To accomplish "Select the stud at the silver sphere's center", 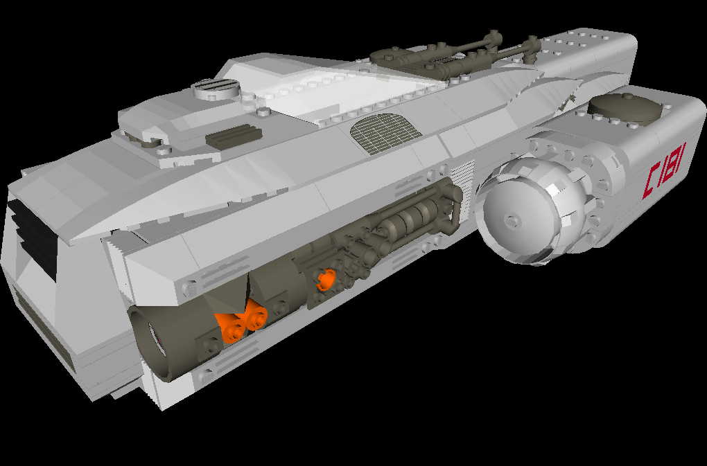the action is pyautogui.click(x=512, y=222).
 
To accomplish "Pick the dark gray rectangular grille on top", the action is pyautogui.click(x=234, y=136).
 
